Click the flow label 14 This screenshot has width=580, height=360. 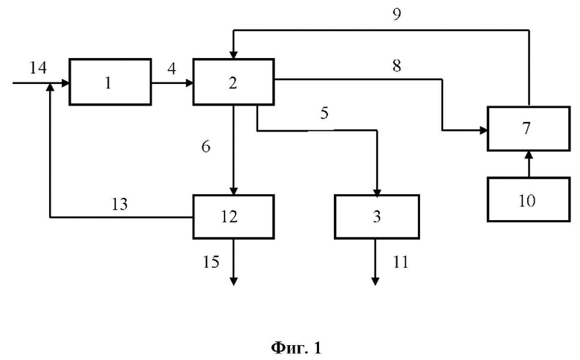tap(38, 68)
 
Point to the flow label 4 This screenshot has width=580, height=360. tap(172, 69)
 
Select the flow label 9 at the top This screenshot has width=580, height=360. tap(396, 14)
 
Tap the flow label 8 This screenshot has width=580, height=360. tap(396, 65)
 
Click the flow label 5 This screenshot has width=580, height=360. tap(324, 113)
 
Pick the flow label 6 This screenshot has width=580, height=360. tap(206, 147)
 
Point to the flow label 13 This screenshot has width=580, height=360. tap(120, 205)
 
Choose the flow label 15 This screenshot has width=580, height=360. tap(211, 262)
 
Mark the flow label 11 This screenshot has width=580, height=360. tap(400, 262)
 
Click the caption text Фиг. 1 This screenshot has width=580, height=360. tap(296, 348)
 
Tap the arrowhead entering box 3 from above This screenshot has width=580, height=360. tap(377, 192)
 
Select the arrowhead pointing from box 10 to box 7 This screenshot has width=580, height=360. tap(529, 155)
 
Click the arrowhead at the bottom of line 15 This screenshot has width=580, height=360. tap(233, 281)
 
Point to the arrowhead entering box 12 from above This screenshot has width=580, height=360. tap(233, 190)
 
